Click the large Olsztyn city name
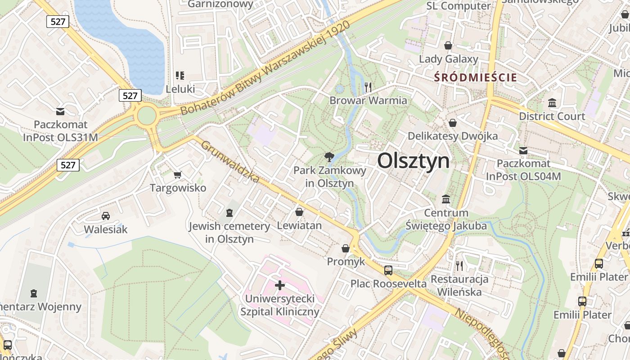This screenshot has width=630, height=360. (413, 161)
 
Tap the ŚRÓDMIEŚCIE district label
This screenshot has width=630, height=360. (476, 77)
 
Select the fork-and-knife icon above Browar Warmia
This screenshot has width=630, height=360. (368, 87)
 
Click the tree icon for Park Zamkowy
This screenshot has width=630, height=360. (329, 157)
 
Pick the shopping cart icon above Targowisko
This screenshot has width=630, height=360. (178, 174)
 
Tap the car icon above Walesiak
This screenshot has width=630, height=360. (106, 216)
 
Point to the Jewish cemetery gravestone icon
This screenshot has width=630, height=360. (229, 212)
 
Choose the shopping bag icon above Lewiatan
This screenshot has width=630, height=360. (299, 211)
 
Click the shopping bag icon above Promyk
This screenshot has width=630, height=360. (346, 248)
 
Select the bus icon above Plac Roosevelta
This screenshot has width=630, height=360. (388, 270)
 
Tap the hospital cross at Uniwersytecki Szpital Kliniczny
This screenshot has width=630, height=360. (280, 285)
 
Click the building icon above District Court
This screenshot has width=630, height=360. (552, 103)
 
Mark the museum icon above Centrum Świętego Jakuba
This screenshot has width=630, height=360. (446, 199)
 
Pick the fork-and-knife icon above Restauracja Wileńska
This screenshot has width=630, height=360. (459, 265)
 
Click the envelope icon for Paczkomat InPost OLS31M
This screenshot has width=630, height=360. (60, 111)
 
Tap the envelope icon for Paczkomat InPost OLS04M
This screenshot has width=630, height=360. (523, 151)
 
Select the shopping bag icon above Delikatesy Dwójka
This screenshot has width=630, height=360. (453, 123)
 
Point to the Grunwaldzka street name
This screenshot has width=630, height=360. (230, 162)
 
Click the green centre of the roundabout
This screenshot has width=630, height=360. (146, 116)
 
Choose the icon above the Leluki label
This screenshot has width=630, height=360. (180, 75)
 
